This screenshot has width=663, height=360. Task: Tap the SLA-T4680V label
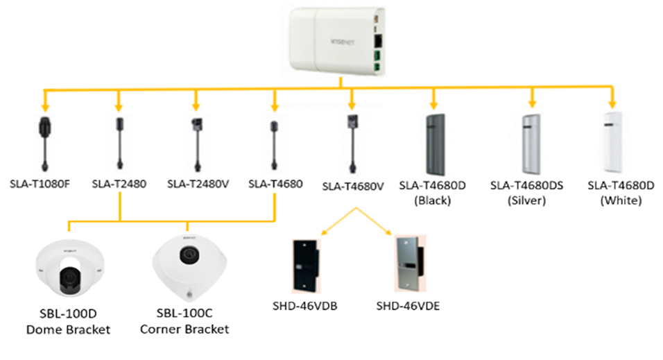pyautogui.click(x=353, y=186)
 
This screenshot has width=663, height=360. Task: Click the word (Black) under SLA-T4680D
pyautogui.click(x=432, y=200)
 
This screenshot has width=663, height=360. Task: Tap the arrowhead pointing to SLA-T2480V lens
pyautogui.click(x=196, y=108)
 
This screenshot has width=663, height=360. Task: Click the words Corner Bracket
pyautogui.click(x=184, y=329)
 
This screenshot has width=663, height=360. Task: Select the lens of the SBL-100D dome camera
pyautogui.click(x=69, y=278)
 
